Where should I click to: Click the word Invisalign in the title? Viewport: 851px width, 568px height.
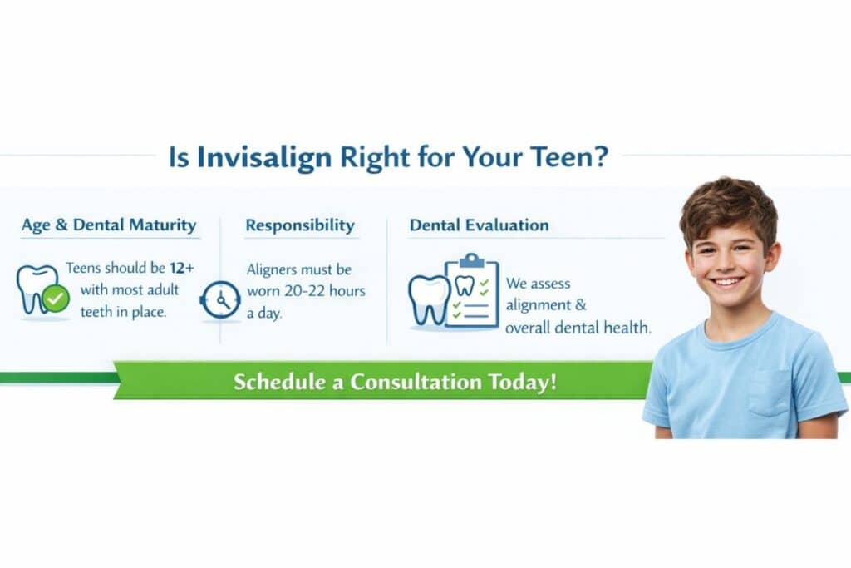click(263, 158)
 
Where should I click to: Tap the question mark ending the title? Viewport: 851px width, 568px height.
click(600, 156)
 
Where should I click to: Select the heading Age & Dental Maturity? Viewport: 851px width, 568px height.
click(109, 225)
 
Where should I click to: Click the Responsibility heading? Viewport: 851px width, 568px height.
click(300, 225)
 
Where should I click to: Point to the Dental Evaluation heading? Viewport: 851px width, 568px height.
click(480, 225)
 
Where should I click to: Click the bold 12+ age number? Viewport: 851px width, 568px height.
click(182, 268)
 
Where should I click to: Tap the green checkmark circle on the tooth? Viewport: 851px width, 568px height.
click(56, 298)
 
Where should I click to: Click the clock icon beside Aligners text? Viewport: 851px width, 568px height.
click(220, 299)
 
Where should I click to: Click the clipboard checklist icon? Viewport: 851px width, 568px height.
click(472, 291)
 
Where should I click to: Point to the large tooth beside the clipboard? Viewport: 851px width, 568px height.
click(429, 299)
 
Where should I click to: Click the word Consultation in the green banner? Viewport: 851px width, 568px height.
click(416, 381)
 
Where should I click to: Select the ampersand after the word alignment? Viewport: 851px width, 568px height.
click(581, 304)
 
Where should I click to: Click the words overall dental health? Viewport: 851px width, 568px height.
click(578, 328)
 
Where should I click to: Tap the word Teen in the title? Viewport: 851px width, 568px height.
click(561, 157)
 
